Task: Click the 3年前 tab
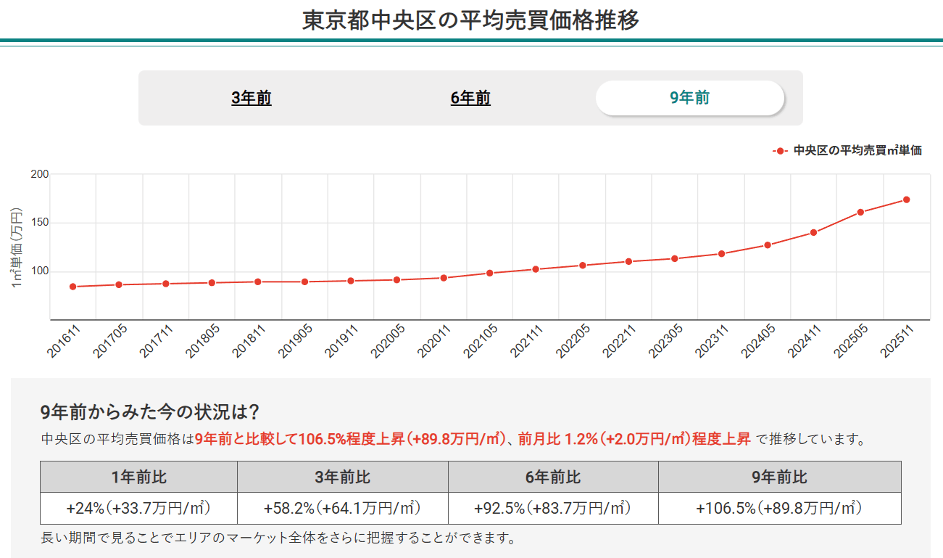tap(252, 98)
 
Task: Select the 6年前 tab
tap(470, 98)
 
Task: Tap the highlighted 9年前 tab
tap(689, 98)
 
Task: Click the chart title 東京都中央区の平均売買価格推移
tap(470, 20)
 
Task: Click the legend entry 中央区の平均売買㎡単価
tap(857, 151)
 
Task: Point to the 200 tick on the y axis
tap(39, 174)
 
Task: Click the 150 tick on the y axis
tap(39, 223)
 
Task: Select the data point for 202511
tap(906, 200)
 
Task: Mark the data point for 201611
tap(72, 287)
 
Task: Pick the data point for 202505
tap(860, 213)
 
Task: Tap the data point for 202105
tap(489, 273)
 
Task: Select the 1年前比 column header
tap(138, 477)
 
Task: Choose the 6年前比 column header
tap(553, 477)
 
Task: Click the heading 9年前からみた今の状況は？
tap(150, 412)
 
